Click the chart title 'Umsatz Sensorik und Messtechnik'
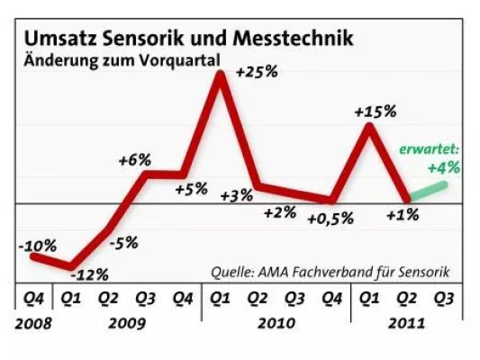[188, 40]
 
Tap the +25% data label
[258, 72]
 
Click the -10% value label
[37, 245]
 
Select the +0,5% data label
[330, 219]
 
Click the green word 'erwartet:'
[429, 148]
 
